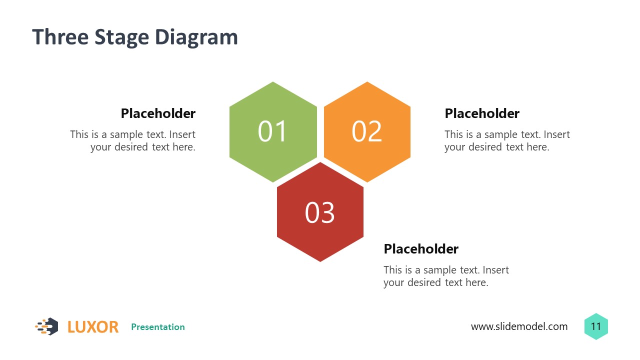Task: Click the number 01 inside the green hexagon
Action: point(273,131)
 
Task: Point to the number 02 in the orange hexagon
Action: point(367,131)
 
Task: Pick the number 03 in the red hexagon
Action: point(320,212)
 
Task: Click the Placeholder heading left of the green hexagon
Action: point(158,113)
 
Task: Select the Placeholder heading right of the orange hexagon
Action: point(482,113)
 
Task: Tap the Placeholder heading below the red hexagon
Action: point(421,249)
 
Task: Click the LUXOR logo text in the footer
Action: point(93,327)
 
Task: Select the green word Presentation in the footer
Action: point(158,327)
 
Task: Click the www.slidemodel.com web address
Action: point(519,327)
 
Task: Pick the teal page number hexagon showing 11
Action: point(596,327)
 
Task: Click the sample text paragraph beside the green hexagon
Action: point(133,140)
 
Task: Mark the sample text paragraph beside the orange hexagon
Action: point(507,140)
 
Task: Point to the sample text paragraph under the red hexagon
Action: point(446,276)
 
